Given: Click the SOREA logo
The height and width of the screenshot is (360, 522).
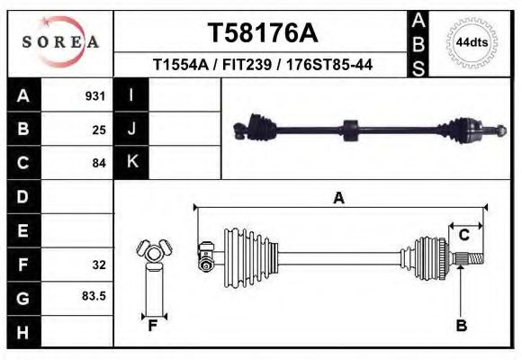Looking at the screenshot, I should point(59,42).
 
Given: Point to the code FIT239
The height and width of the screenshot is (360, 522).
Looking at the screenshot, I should point(248,65).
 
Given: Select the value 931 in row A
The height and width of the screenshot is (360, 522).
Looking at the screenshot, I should point(95,95).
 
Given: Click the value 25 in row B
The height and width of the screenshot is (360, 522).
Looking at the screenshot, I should point(99,130).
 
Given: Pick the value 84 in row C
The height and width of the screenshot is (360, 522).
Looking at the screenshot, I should point(99,164).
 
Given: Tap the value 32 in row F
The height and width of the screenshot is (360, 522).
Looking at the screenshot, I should point(99,265).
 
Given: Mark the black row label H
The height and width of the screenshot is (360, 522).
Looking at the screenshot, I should point(23,331).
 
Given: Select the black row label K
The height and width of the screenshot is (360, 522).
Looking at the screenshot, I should point(131,162).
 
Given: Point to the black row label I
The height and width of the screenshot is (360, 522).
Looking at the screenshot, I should point(131,95).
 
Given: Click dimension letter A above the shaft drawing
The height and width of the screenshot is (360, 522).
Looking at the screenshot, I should point(339,199).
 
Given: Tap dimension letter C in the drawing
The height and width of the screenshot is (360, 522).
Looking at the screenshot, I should point(464,236).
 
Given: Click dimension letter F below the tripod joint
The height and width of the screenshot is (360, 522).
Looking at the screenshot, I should point(153,326).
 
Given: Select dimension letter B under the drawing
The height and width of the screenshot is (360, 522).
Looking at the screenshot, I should point(462,326).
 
